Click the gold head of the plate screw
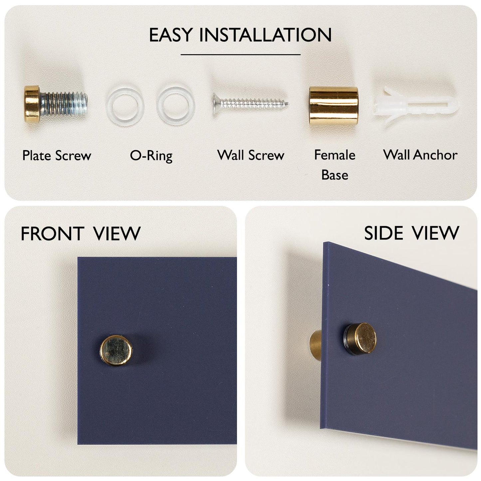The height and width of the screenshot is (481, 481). (32, 104)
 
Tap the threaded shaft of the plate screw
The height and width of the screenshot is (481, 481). (64, 104)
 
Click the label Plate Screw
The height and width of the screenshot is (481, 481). (57, 156)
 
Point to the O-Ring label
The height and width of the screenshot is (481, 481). (151, 156)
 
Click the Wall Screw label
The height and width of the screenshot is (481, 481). (251, 155)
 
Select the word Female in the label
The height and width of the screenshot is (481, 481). (335, 155)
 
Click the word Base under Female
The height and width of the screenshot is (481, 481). (335, 175)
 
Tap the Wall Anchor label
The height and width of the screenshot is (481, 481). (420, 155)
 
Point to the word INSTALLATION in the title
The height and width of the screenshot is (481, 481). (266, 35)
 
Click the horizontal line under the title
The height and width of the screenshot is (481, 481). (240, 54)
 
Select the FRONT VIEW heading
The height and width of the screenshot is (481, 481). (81, 234)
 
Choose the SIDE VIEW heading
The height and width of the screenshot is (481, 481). (412, 233)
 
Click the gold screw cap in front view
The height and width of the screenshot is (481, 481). (116, 351)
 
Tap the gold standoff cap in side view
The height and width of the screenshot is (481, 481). (366, 338)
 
